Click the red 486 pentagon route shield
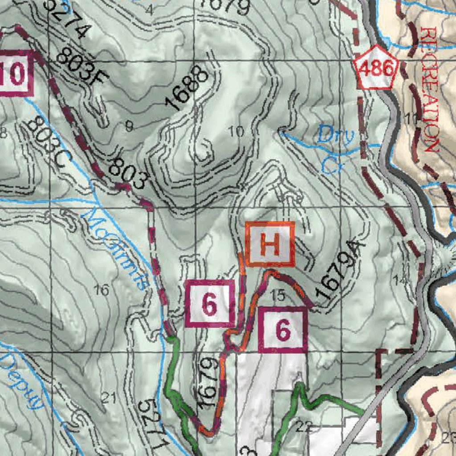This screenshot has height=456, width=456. (x=377, y=68)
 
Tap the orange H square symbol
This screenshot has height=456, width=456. (x=270, y=244)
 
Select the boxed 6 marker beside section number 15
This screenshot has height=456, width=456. (x=283, y=330)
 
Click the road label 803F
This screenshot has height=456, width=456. (x=83, y=67)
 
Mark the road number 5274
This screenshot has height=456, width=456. (x=67, y=18)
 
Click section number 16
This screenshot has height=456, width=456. (x=102, y=290)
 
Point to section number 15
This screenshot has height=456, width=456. (x=277, y=294)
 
